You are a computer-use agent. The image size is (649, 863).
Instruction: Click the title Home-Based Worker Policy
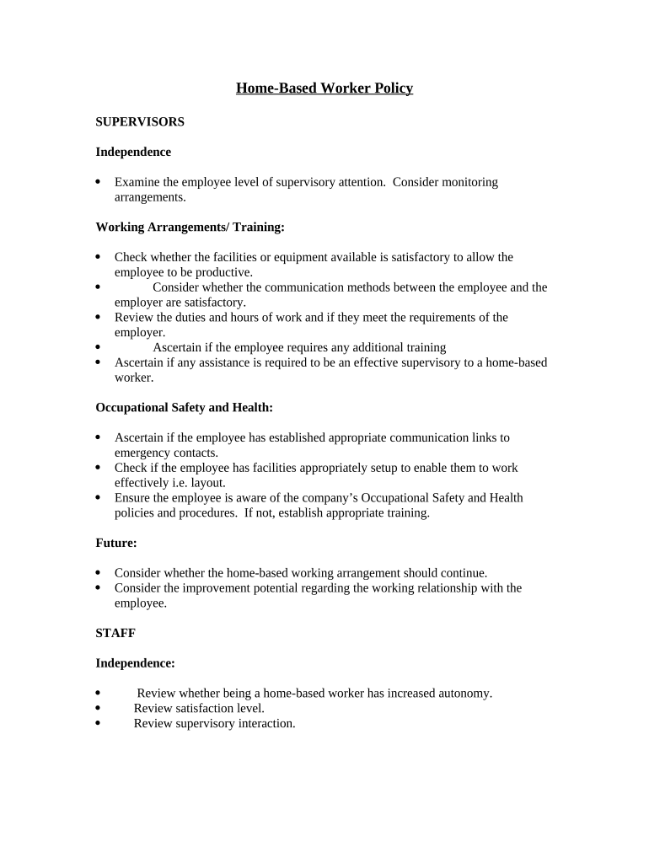[324, 88]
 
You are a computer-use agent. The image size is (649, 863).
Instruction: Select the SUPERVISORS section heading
[140, 121]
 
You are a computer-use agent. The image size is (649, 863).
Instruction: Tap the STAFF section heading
[115, 633]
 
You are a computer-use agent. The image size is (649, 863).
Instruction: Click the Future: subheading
[116, 544]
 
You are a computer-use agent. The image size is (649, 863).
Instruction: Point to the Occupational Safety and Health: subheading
[185, 407]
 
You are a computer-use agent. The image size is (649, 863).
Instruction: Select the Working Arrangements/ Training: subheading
[190, 227]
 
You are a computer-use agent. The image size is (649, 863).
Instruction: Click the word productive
[224, 272]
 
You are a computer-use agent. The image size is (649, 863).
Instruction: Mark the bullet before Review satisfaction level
[99, 709]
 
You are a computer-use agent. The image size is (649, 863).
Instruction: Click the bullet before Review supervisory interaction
[99, 724]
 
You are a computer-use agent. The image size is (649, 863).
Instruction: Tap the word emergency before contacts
[142, 453]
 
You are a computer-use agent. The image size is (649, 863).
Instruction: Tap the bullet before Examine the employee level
[99, 182]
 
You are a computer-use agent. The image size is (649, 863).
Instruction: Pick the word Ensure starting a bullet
[133, 498]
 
